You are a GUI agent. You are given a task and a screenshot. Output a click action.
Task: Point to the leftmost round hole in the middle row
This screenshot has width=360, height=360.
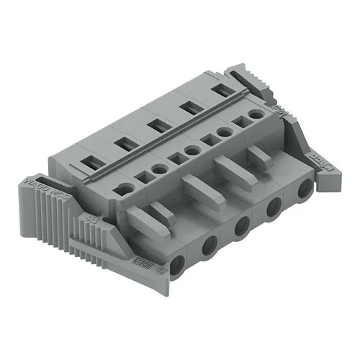127,189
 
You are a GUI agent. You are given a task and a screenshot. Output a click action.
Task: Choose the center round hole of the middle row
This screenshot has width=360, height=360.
192,151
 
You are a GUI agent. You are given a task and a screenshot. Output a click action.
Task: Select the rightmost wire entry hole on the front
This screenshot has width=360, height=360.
306,189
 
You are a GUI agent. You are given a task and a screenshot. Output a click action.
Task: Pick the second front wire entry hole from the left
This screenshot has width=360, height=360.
208,245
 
